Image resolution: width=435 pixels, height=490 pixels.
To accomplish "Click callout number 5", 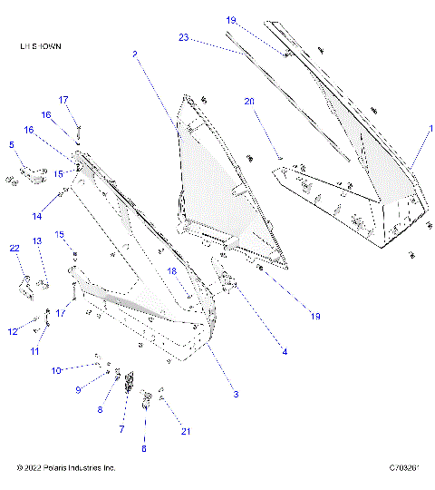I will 12,144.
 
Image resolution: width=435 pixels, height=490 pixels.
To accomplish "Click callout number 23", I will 183,37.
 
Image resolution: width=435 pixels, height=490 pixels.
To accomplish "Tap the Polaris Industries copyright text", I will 66,468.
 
